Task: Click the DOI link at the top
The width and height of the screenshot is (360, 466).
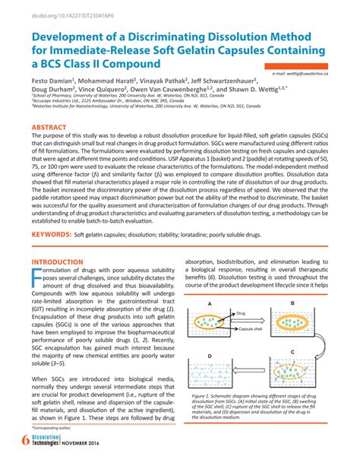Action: point(58,14)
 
